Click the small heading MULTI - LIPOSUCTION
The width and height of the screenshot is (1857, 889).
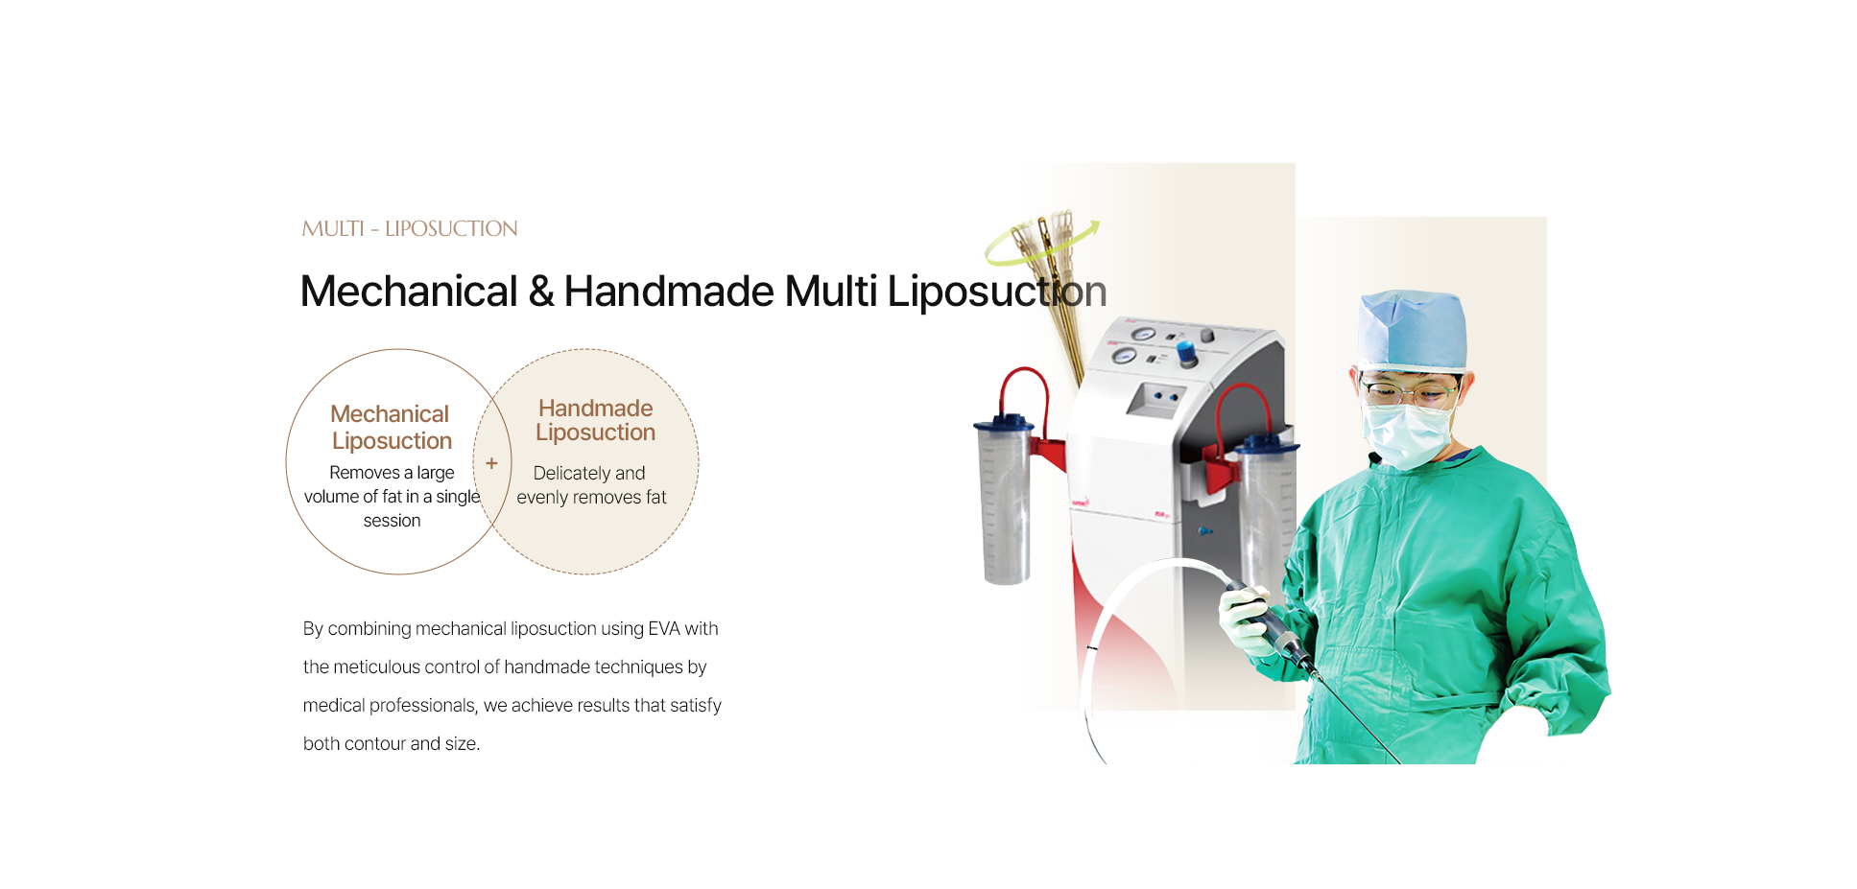point(410,228)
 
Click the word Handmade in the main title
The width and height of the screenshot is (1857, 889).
point(668,291)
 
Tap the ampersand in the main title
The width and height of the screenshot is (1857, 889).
point(540,292)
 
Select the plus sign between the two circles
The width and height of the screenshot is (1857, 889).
point(491,463)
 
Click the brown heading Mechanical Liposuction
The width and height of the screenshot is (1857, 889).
point(391,427)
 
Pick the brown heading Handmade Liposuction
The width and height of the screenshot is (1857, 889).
point(595,420)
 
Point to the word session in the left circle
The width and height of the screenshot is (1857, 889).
point(392,521)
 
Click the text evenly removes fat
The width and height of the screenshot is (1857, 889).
point(591,497)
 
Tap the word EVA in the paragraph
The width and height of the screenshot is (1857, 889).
point(664,628)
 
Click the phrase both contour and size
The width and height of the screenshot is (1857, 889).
point(392,743)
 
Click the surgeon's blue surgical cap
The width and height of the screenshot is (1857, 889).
point(1412,331)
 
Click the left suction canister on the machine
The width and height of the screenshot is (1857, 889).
point(1004,499)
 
